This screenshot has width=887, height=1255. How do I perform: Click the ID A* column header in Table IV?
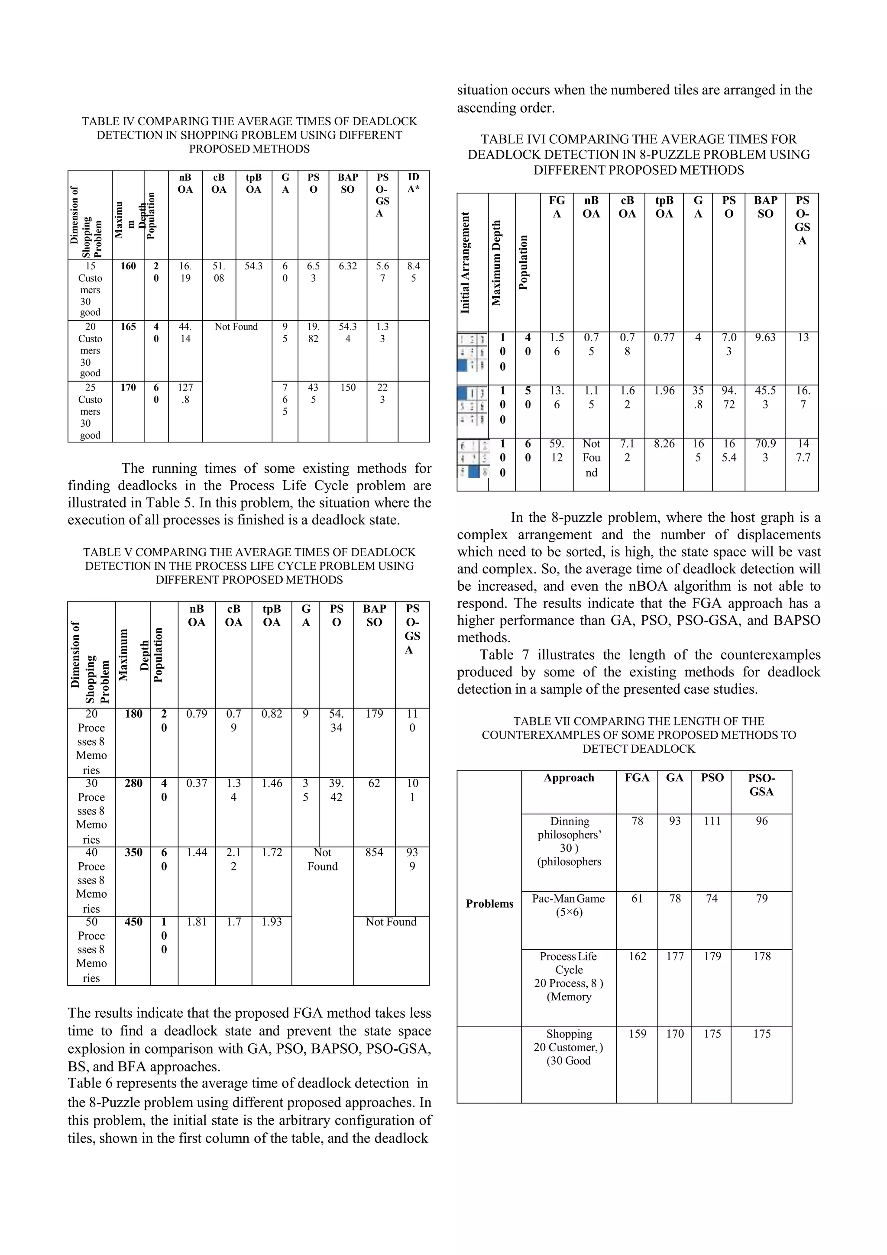413,183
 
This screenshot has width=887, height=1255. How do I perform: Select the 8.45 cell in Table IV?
413,272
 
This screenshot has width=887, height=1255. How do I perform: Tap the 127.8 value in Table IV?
185,393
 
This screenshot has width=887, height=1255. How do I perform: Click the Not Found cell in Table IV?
236,327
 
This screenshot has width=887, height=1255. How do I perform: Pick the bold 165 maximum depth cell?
128,327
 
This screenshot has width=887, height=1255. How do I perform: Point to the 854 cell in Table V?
374,852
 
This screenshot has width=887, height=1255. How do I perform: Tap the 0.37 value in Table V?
196,783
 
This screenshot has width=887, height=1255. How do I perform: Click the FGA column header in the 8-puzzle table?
557,207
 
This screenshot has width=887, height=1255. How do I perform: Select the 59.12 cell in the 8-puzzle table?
557,450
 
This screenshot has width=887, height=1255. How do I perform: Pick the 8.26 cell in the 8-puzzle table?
664,444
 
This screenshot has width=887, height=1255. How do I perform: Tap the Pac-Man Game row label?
568,905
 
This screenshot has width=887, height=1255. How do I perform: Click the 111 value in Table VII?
712,821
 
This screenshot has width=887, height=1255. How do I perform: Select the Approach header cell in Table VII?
568,778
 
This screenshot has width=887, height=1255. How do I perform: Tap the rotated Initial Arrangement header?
466,262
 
